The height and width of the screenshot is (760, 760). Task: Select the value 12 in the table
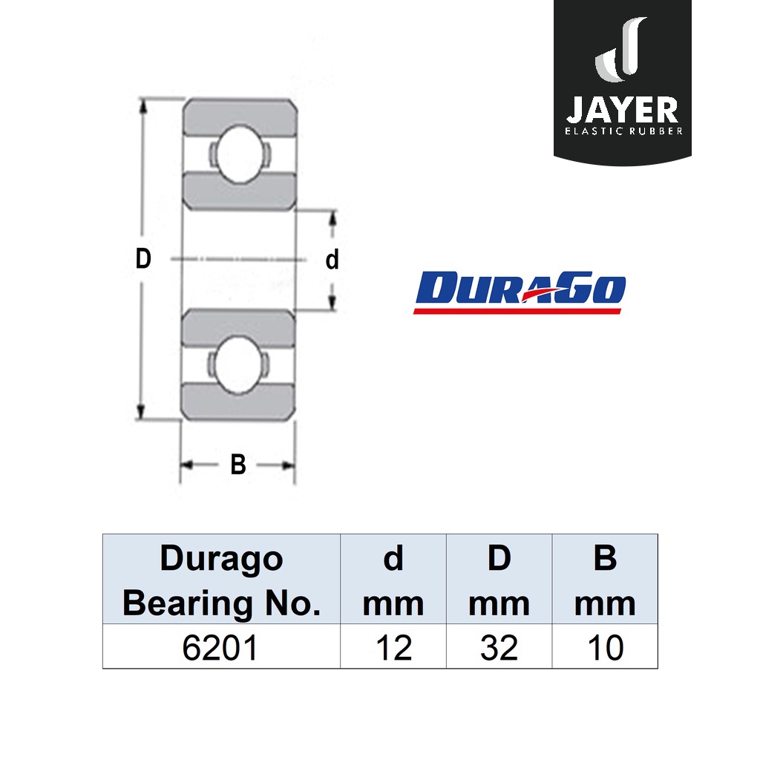pyautogui.click(x=393, y=647)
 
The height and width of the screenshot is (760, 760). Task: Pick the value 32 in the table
pyautogui.click(x=499, y=647)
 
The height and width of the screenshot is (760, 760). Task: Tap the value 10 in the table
pyautogui.click(x=606, y=647)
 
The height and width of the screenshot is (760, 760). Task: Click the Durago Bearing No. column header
pyautogui.click(x=221, y=580)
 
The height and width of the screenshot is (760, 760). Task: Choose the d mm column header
pyautogui.click(x=393, y=580)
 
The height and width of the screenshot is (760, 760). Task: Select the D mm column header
pyautogui.click(x=499, y=580)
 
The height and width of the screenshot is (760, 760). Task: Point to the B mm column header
pyautogui.click(x=605, y=580)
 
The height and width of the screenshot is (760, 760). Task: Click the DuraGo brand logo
pyautogui.click(x=520, y=292)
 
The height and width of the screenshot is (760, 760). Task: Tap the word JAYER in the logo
pyautogui.click(x=623, y=110)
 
